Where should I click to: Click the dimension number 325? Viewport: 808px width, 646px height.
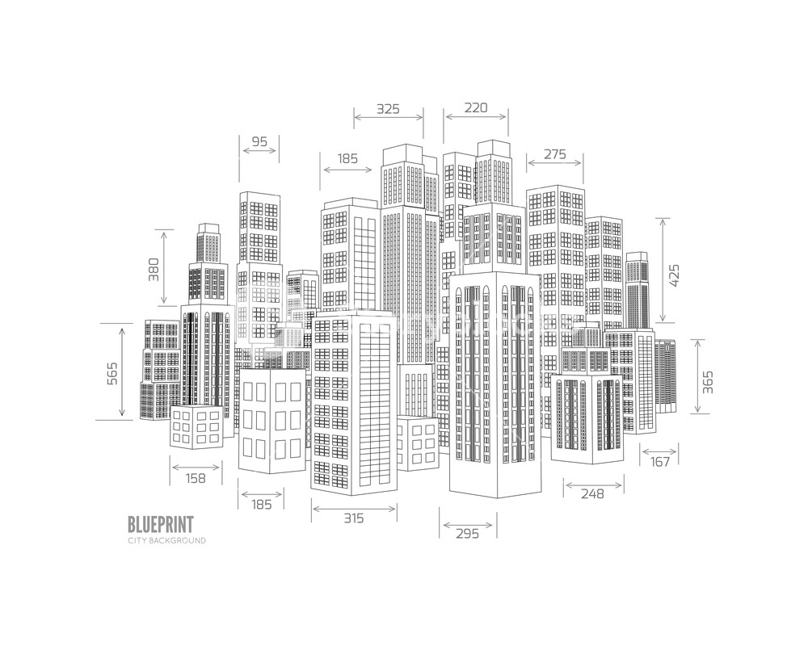point(388,108)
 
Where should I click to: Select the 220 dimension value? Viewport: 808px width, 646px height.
point(477,107)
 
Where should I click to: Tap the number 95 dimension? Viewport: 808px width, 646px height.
point(259,141)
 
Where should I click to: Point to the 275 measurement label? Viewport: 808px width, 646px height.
point(554,154)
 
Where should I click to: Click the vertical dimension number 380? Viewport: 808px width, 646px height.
point(154,269)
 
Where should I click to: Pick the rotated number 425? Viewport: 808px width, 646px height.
point(675,276)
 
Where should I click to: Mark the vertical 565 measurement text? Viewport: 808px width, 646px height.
point(112,373)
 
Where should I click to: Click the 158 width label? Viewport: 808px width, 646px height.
point(196,478)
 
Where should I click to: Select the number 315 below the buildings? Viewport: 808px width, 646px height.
point(353,518)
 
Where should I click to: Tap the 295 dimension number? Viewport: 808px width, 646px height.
point(468,533)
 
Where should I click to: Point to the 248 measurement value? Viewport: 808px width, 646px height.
point(592,494)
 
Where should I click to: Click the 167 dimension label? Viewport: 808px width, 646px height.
point(660,462)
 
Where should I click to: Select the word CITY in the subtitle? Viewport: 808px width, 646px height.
point(138,540)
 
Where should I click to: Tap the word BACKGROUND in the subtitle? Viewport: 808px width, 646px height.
point(178,540)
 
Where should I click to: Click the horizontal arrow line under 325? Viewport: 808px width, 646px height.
point(389,117)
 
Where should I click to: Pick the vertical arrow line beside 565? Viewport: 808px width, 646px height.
point(122,371)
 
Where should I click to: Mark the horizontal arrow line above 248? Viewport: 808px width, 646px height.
point(594,485)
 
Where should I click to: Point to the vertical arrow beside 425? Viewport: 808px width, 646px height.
point(663,270)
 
